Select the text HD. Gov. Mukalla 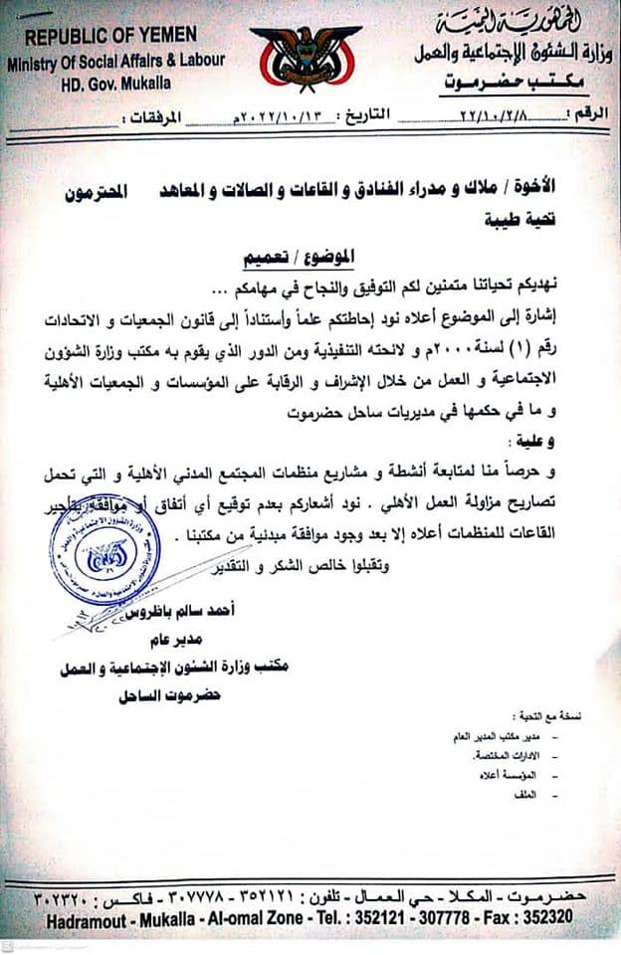[x=111, y=83]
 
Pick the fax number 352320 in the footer [x=543, y=921]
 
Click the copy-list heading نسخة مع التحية [x=544, y=716]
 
